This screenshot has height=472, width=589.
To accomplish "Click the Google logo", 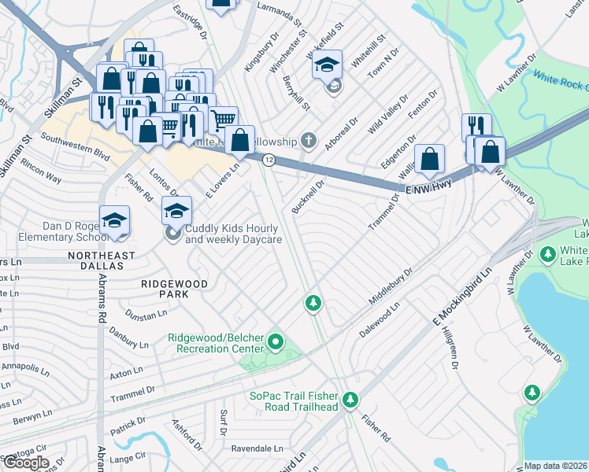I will pos(25,463).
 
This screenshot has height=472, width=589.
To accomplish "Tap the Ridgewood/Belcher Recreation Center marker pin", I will pos(275,342).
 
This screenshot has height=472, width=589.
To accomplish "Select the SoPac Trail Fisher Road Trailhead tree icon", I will pos(351,400).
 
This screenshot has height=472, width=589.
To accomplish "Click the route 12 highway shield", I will pos(269,160).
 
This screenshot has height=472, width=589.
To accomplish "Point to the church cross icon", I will pos(309,141).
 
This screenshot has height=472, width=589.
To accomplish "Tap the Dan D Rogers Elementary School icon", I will pos(114,219).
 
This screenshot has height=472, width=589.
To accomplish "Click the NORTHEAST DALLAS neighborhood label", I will pos(101,261).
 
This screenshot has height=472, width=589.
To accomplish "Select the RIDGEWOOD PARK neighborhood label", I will pos(174,288).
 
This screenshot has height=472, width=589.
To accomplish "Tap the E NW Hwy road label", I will pos(430,190).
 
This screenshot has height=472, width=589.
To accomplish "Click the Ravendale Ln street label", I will pos(257,448).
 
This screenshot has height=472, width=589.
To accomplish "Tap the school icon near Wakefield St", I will pos(327,65).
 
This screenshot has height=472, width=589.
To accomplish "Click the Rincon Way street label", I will pos(42,174).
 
